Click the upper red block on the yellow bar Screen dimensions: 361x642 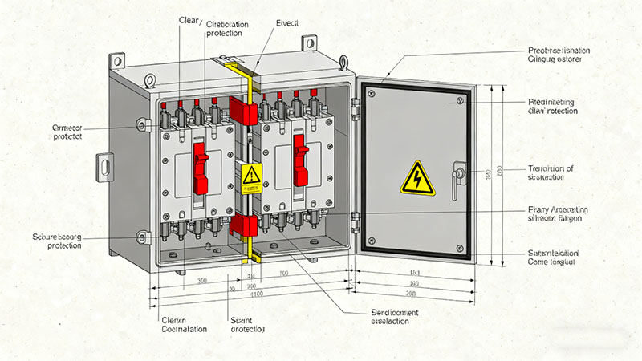point(243,111)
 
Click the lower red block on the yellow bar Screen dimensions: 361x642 point(244,225)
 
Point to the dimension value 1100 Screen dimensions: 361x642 point(256,296)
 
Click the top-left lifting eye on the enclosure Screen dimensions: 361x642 point(118,60)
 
